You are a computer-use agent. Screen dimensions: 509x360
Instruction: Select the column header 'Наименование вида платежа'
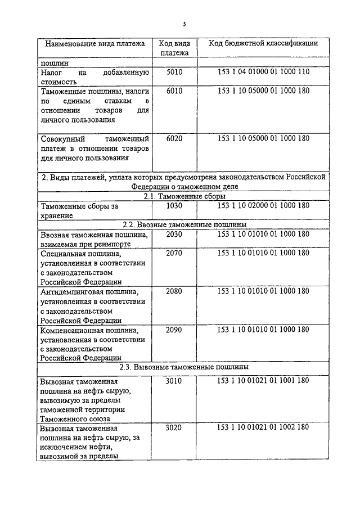[94, 43]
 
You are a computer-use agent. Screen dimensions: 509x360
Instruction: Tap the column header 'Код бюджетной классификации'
[263, 43]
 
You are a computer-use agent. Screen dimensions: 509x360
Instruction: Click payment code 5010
[174, 73]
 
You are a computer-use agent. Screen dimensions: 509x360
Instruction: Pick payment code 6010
[174, 91]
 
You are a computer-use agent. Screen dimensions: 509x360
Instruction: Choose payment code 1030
[174, 206]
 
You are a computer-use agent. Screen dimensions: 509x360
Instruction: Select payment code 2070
[174, 253]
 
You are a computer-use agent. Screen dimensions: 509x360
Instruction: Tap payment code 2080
[174, 291]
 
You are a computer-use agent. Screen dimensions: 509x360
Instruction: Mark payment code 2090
[174, 330]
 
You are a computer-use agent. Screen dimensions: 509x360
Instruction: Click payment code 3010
[174, 381]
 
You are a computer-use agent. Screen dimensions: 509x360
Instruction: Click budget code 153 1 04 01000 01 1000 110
[263, 73]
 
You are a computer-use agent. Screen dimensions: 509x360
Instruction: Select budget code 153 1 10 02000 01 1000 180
[263, 206]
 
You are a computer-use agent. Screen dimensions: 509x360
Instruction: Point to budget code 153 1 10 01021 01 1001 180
[263, 381]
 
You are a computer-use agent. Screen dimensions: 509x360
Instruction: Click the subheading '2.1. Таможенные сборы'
[184, 196]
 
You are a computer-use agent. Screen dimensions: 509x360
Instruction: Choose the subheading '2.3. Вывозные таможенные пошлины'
[184, 367]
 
